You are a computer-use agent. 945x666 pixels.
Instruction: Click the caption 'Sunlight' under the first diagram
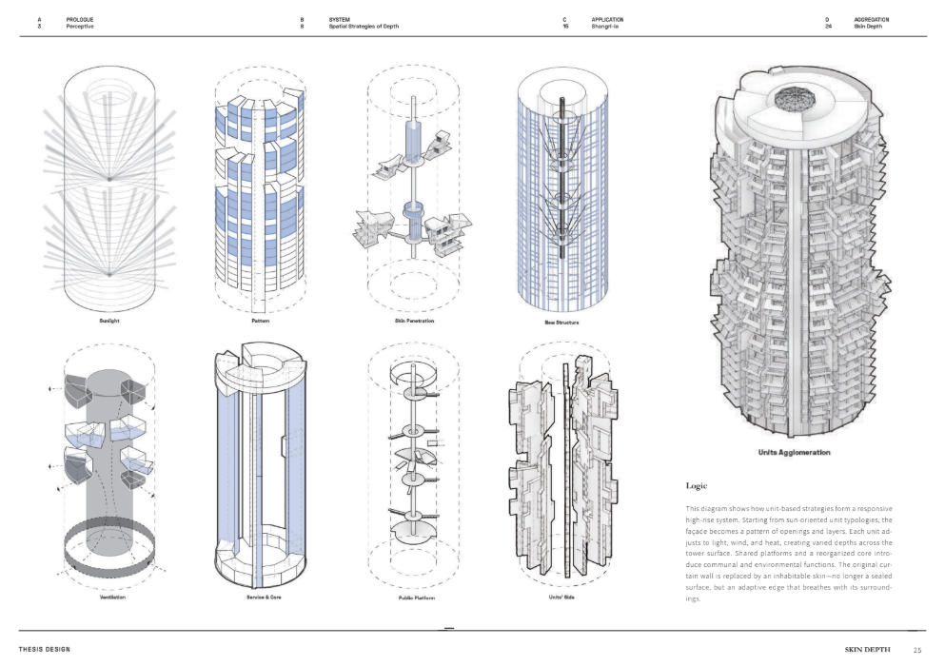[x=108, y=321]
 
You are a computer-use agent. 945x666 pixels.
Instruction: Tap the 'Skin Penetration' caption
[x=414, y=321]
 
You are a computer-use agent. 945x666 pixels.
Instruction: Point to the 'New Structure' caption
[x=561, y=323]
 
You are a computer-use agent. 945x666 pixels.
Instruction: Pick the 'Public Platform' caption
[x=414, y=597]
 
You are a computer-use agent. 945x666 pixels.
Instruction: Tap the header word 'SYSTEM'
[x=341, y=19]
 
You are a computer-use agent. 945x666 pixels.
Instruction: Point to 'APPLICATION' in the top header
[x=610, y=19]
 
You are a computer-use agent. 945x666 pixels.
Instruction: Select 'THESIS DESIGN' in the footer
[x=48, y=649]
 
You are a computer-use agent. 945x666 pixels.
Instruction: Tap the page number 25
[x=916, y=650]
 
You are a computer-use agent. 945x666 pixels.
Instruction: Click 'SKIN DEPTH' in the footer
[x=868, y=650]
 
